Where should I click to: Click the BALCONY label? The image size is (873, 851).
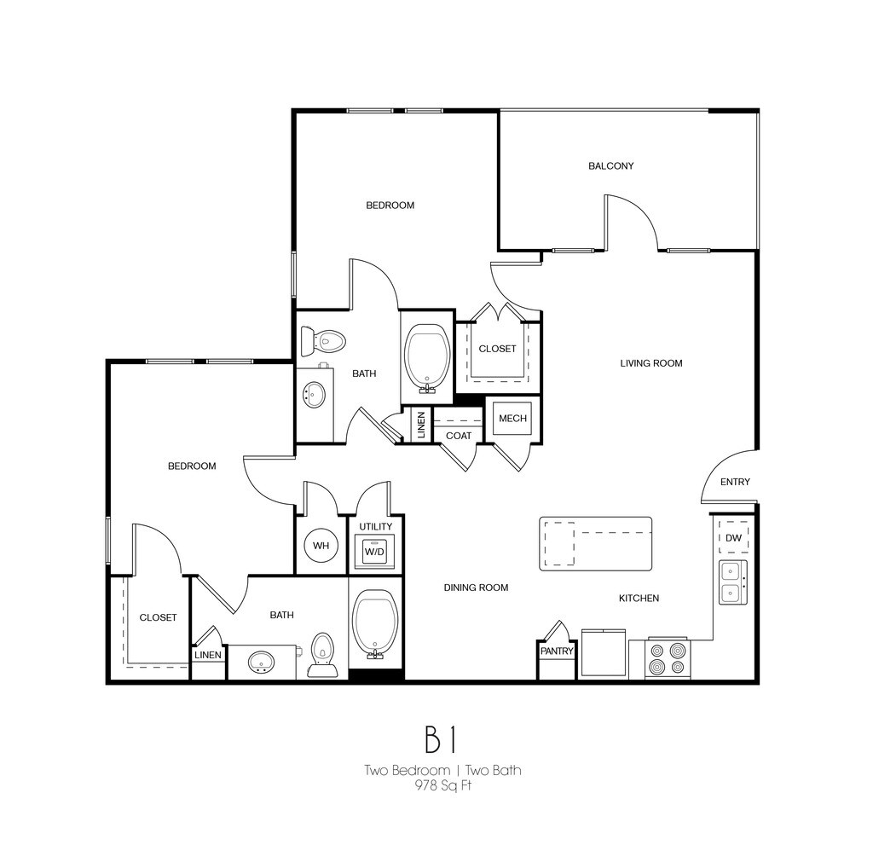click(x=610, y=165)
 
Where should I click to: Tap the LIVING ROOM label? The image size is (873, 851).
click(x=650, y=363)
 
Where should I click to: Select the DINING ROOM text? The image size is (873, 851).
click(x=476, y=588)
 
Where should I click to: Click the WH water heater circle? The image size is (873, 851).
click(x=321, y=546)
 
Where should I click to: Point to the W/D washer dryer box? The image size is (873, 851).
click(x=375, y=551)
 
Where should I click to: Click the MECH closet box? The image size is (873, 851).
click(x=512, y=418)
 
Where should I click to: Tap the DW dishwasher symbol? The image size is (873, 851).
click(x=733, y=537)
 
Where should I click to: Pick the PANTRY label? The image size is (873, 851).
click(x=557, y=651)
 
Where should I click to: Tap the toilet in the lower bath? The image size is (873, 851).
click(x=321, y=655)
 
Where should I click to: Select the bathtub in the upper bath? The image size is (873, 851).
click(x=428, y=358)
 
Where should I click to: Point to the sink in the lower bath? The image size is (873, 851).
click(x=262, y=661)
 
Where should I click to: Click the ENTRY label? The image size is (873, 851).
click(x=735, y=482)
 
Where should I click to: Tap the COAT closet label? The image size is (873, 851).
click(x=459, y=436)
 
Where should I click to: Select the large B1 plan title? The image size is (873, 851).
click(x=443, y=740)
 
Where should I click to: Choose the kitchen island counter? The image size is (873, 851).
click(x=595, y=543)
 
